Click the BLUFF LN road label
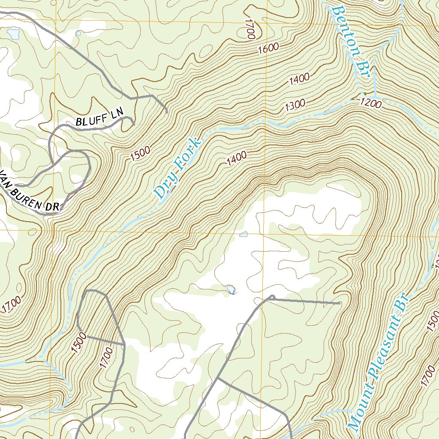point(99,118)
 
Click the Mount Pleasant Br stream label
point(377,362)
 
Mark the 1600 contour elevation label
point(269,49)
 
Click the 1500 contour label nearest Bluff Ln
point(141,153)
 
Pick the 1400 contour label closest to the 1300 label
point(299,78)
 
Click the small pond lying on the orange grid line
point(244,234)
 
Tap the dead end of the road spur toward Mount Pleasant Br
point(340,304)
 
